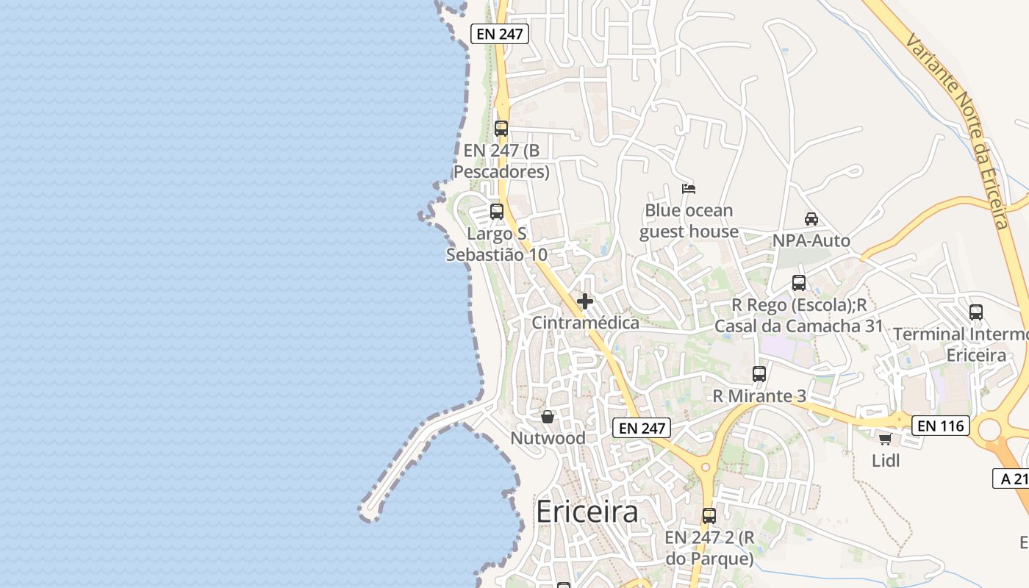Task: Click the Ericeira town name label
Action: tap(587, 512)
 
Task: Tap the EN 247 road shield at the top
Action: tap(500, 34)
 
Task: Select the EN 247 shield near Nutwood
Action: tap(642, 428)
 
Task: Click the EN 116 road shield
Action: tap(941, 425)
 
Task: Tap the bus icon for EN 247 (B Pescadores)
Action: tap(501, 128)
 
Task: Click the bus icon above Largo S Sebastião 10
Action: tap(497, 212)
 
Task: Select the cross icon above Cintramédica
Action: tap(585, 301)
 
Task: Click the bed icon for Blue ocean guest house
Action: tap(689, 189)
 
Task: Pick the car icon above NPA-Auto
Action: tap(811, 218)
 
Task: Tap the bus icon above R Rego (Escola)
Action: tap(799, 282)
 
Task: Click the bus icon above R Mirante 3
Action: tap(759, 373)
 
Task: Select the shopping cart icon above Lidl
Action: tap(885, 439)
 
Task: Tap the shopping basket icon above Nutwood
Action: tap(548, 417)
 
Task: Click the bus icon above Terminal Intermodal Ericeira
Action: tap(976, 312)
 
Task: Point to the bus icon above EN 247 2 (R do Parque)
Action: tap(709, 515)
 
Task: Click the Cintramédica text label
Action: tap(585, 323)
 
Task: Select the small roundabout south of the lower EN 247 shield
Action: tap(706, 467)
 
